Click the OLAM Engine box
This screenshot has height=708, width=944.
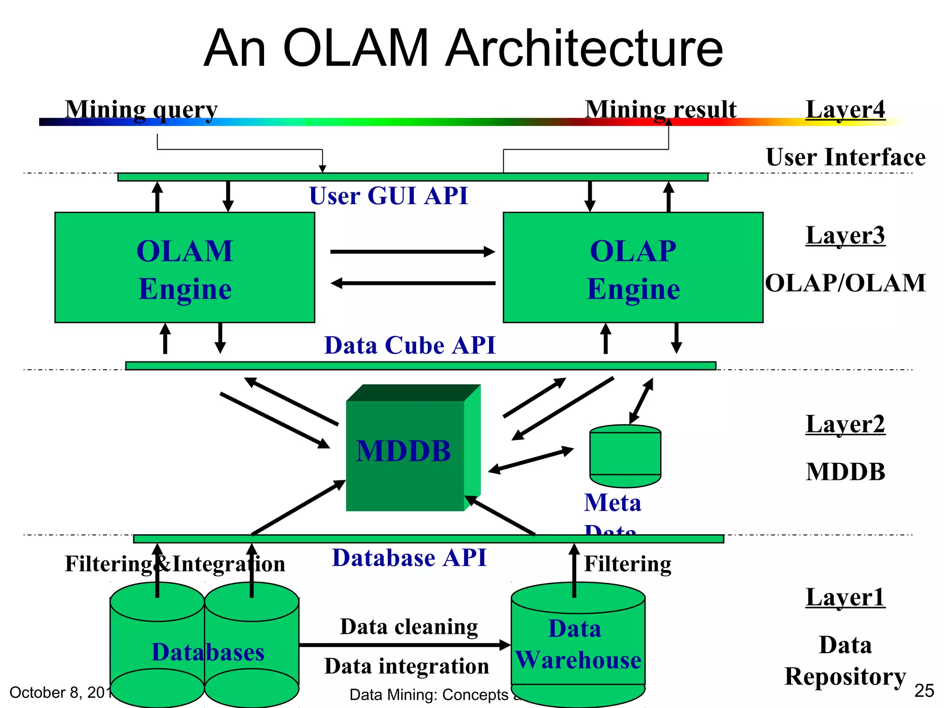click(184, 267)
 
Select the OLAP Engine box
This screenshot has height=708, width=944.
click(633, 267)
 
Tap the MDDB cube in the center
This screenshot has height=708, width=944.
click(406, 452)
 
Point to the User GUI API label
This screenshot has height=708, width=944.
click(388, 196)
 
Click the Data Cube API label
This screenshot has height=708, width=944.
click(410, 345)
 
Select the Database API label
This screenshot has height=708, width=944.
click(409, 558)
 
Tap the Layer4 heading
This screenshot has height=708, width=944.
click(845, 110)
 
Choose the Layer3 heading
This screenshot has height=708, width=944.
click(845, 236)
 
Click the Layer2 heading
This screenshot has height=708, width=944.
click(845, 424)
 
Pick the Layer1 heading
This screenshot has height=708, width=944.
click(845, 597)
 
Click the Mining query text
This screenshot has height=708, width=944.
click(141, 111)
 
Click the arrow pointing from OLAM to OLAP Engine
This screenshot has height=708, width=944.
click(413, 252)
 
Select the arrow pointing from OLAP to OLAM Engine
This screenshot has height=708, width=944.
click(413, 283)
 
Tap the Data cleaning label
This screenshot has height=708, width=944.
click(409, 627)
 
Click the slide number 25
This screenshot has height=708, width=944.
click(924, 691)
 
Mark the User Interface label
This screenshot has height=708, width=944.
click(845, 158)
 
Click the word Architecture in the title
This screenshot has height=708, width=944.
click(584, 48)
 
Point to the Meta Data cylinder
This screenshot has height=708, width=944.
click(625, 456)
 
